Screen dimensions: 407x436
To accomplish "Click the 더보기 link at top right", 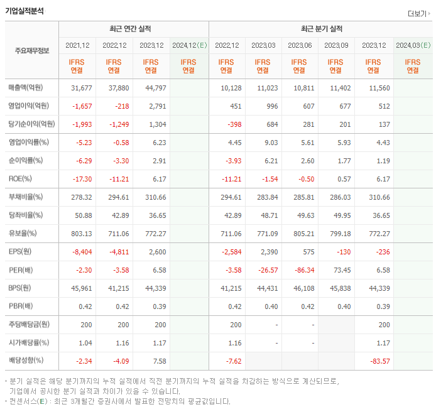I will click(x=418, y=14).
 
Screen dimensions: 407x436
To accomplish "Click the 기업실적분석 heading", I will click(x=25, y=10).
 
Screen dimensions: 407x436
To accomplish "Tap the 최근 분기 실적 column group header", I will click(x=321, y=29).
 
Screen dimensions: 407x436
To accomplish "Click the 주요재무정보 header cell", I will click(x=31, y=51).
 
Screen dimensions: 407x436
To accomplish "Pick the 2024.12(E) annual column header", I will click(x=188, y=45).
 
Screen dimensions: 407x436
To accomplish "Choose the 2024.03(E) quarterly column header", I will click(x=412, y=45).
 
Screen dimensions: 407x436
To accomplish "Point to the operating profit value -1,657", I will click(x=82, y=106).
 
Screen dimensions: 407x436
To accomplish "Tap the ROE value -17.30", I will click(x=82, y=178).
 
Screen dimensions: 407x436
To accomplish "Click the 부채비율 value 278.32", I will click(x=82, y=197).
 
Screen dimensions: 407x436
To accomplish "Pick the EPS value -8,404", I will click(x=82, y=252).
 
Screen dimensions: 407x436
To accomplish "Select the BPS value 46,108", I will click(x=302, y=288).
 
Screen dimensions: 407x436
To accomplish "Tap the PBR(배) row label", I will click(x=22, y=307).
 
